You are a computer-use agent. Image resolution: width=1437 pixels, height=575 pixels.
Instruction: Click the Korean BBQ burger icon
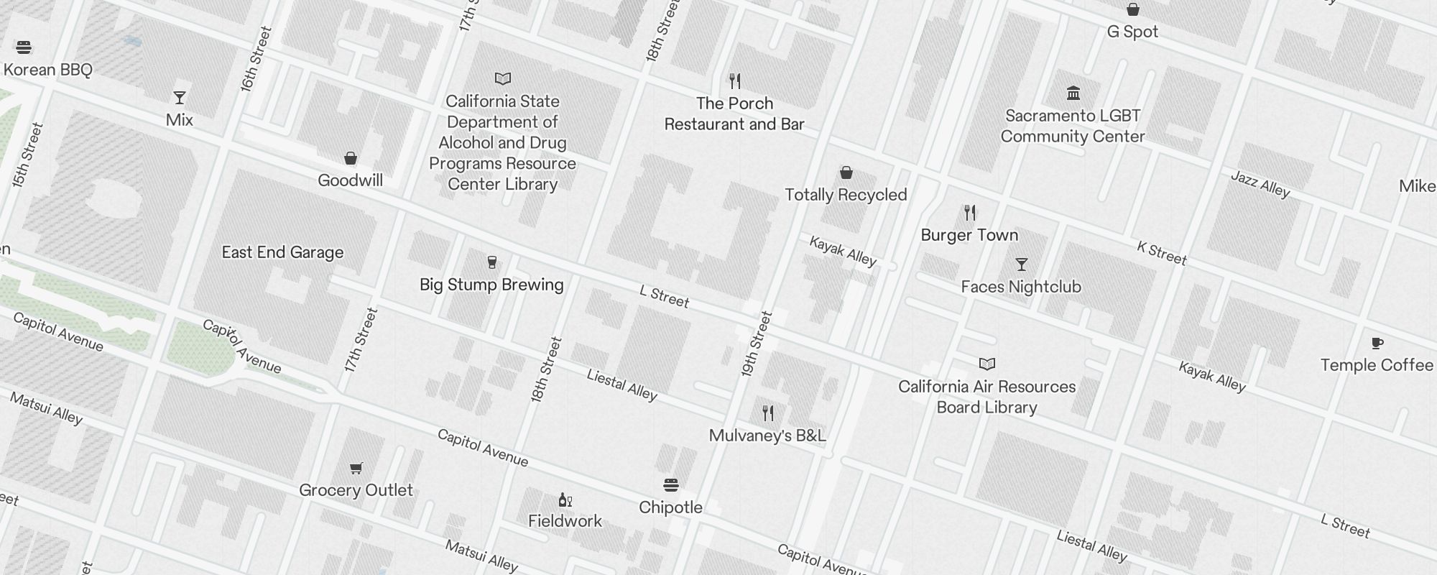coord(24,48)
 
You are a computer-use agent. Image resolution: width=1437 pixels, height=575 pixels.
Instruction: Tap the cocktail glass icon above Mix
coord(180,98)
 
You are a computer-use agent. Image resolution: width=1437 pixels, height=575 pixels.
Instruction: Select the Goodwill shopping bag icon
coord(351,158)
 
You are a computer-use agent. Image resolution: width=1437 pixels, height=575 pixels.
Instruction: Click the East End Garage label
coord(282,252)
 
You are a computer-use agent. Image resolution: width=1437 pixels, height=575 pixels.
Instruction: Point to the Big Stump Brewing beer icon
coord(492,262)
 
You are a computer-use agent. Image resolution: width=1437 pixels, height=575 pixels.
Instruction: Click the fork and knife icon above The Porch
coord(734,80)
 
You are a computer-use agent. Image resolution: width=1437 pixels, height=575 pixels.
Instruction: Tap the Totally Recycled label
coord(846,195)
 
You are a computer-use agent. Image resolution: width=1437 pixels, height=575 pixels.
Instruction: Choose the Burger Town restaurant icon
coord(970,213)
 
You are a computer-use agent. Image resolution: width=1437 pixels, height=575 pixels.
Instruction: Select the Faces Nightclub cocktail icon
coord(1021,264)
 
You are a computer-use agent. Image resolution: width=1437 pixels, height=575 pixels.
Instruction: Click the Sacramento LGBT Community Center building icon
coord(1073,93)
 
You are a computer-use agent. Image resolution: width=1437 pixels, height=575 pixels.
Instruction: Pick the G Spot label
coord(1132,32)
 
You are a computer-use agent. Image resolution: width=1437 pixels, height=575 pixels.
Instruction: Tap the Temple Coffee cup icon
coord(1377,343)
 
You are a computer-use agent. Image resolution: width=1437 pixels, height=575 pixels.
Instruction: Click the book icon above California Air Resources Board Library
coord(987,364)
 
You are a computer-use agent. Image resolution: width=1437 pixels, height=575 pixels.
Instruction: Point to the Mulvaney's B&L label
coord(767,436)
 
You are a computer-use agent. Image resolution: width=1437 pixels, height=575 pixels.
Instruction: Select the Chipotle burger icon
coord(670,485)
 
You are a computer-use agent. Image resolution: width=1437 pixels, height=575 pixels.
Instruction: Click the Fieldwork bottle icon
coord(565,500)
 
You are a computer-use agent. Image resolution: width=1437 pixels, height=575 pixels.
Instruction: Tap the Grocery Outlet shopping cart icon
coord(356,469)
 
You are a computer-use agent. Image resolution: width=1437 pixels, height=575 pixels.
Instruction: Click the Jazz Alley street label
coord(1260,184)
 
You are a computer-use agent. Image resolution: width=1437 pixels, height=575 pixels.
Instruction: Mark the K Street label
coord(1161,253)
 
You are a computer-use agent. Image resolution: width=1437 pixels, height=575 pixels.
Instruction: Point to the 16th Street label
coord(257,59)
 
